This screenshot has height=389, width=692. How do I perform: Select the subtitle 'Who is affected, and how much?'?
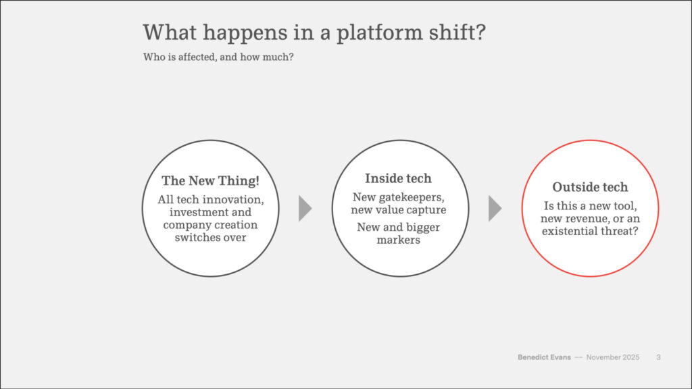[218, 57]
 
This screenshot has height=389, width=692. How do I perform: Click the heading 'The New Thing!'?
[211, 181]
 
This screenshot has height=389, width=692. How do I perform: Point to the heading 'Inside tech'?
[398, 178]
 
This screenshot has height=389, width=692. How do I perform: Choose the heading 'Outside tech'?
[590, 187]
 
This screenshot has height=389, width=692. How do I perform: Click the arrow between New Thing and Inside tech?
[305, 208]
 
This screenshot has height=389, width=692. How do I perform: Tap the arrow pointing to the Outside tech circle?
[495, 208]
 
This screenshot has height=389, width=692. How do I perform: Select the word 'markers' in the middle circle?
[398, 240]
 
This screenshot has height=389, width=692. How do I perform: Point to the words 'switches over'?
[211, 237]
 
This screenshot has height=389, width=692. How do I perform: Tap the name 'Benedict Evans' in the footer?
[544, 357]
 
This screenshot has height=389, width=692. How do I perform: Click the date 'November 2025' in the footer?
[612, 357]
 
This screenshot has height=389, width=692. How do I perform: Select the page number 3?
[658, 357]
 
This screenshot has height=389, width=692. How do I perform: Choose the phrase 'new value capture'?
[398, 210]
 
